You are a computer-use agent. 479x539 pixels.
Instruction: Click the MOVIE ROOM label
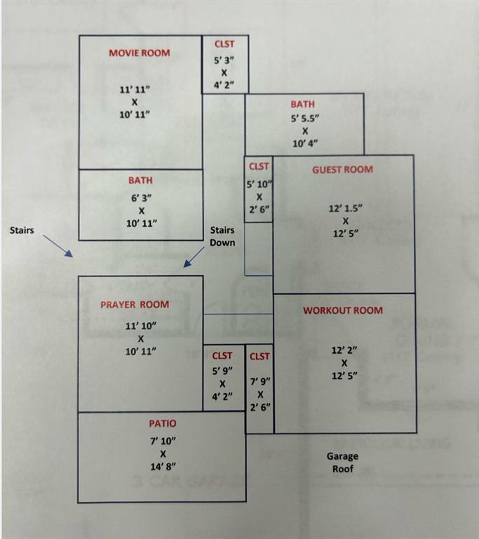(x=139, y=53)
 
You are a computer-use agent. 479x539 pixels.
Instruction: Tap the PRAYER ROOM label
(x=135, y=305)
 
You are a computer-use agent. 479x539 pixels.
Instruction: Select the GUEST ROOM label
(x=342, y=169)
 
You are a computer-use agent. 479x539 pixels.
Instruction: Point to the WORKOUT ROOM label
(x=343, y=310)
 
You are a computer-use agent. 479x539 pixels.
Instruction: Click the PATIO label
(x=162, y=423)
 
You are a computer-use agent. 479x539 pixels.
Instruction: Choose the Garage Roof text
(x=342, y=462)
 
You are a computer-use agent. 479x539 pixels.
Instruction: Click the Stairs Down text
(x=222, y=236)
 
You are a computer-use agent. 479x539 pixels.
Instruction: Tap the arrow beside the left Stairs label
(x=58, y=246)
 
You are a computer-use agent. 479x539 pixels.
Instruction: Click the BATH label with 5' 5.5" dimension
(x=303, y=105)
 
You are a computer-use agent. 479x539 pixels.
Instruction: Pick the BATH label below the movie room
(x=140, y=180)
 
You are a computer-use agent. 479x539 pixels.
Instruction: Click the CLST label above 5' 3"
(x=224, y=44)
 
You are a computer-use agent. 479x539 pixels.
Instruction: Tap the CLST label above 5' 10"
(x=259, y=166)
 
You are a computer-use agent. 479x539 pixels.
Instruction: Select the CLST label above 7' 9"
(x=259, y=357)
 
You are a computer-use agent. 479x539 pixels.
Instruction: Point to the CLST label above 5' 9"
(x=222, y=357)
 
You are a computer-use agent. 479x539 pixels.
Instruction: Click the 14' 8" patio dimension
(x=162, y=467)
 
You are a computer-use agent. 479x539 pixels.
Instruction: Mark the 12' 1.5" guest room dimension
(x=346, y=208)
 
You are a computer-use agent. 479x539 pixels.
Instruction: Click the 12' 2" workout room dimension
(x=344, y=349)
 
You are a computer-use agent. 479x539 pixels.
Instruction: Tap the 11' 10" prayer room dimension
(x=140, y=326)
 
